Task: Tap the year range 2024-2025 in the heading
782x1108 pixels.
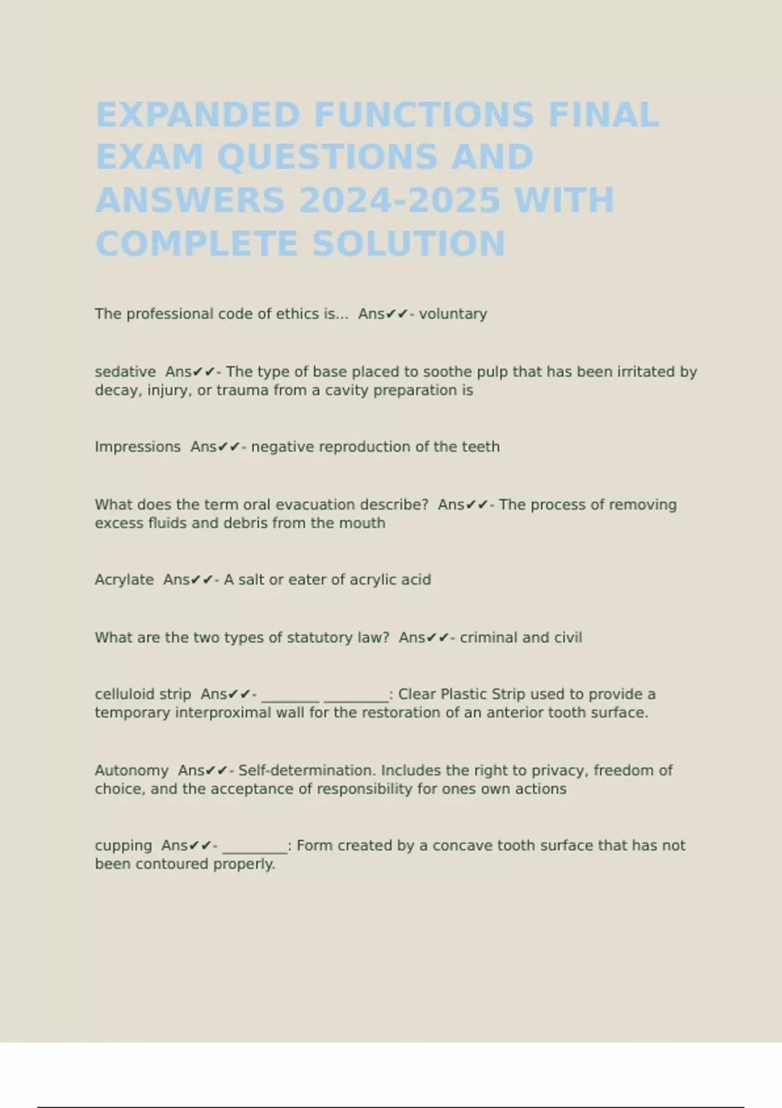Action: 399,200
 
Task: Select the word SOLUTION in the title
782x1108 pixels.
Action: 409,244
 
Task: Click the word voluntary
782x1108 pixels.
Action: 453,314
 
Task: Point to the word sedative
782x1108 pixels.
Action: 125,372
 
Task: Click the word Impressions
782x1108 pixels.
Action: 138,447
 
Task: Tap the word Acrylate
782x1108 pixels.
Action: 124,580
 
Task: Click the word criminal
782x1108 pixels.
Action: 489,637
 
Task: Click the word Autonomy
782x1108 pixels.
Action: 132,770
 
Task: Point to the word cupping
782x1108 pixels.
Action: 123,846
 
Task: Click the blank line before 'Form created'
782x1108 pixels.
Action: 255,849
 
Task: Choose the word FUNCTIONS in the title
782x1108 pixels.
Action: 424,115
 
